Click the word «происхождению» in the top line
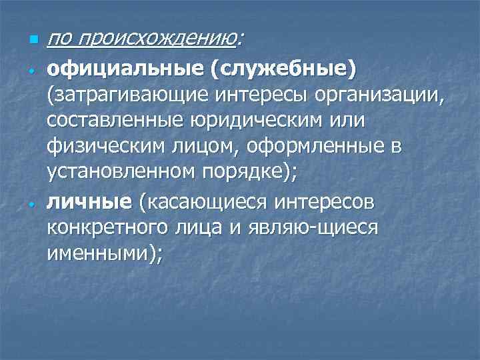(x=156, y=41)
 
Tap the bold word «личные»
(x=90, y=201)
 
